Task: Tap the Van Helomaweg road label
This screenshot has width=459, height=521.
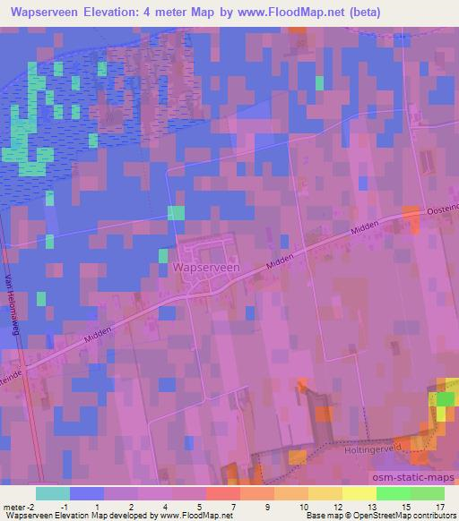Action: [19, 305]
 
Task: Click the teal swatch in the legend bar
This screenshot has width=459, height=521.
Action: [53, 493]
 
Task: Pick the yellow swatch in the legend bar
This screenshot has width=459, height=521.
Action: [359, 493]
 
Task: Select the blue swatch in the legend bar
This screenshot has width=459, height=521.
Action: [86, 493]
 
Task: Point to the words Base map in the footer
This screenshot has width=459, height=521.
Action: [321, 516]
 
